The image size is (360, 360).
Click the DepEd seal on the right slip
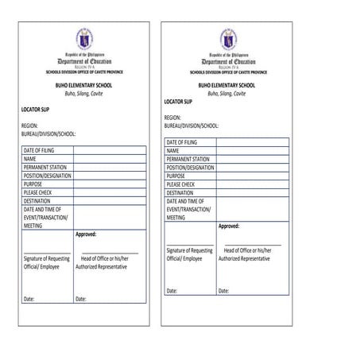pyautogui.click(x=229, y=37)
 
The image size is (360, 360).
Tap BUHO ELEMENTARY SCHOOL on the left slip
pyautogui.click(x=85, y=85)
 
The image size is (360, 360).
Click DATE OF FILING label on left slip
pyautogui.click(x=41, y=149)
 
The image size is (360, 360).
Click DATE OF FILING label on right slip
pyautogui.click(x=184, y=143)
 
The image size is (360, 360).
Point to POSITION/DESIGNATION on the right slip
pyautogui.click(x=191, y=168)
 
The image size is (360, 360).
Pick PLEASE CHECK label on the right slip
pyautogui.click(x=181, y=184)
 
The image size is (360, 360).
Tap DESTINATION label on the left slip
pyautogui.click(x=39, y=201)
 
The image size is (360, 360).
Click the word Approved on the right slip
pyautogui.click(x=229, y=226)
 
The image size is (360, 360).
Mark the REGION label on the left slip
pyautogui.click(x=29, y=126)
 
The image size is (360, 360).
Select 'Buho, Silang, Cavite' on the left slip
pyautogui.click(x=85, y=94)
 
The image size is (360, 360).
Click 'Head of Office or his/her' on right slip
pyautogui.click(x=251, y=251)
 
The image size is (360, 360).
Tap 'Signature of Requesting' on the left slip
pyautogui.click(x=47, y=259)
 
